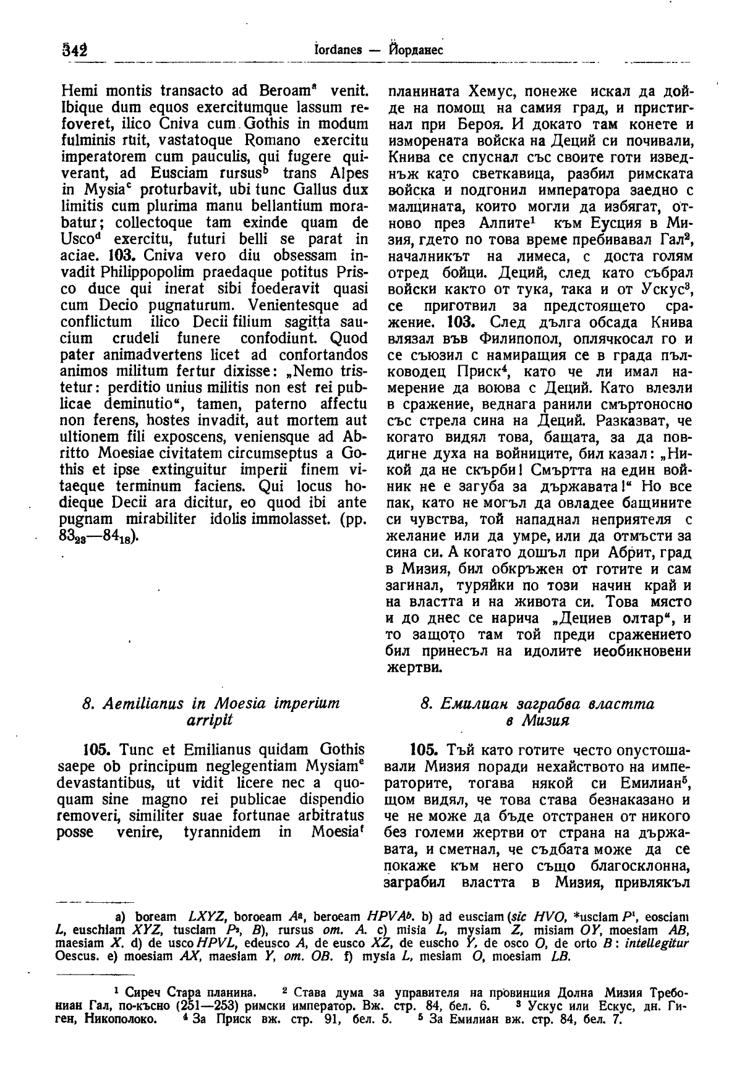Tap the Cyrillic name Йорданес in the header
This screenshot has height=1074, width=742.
pos(416,50)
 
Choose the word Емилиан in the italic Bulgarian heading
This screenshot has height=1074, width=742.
pos(471,704)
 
